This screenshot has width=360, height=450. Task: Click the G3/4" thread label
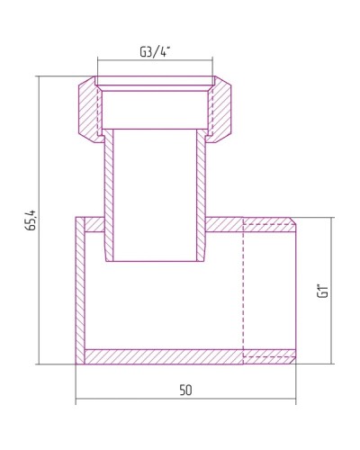[155, 51]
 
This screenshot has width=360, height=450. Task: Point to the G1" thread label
[322, 291]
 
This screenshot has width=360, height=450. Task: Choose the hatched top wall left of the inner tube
[91, 224]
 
